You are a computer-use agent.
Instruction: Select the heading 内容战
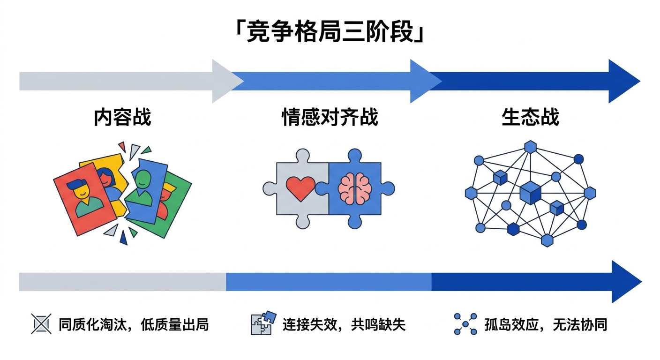pyautogui.click(x=123, y=117)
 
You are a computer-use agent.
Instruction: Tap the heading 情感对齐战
pyautogui.click(x=330, y=117)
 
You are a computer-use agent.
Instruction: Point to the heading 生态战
pyautogui.click(x=530, y=117)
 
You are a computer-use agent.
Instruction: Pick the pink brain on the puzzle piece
pyautogui.click(x=355, y=189)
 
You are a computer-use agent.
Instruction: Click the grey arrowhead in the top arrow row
pyautogui.click(x=225, y=81)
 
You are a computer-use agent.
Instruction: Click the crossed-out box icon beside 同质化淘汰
pyautogui.click(x=41, y=324)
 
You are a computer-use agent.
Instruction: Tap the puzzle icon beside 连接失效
pyautogui.click(x=261, y=323)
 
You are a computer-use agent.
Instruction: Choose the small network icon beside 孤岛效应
pyautogui.click(x=465, y=324)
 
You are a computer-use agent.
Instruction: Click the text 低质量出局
pyautogui.click(x=174, y=324)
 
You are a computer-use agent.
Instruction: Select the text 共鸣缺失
pyautogui.click(x=379, y=324)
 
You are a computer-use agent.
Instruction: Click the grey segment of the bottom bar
pyautogui.click(x=122, y=282)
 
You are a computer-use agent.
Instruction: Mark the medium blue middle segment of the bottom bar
pyautogui.click(x=328, y=282)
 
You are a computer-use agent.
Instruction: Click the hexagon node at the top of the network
pyautogui.click(x=530, y=147)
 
